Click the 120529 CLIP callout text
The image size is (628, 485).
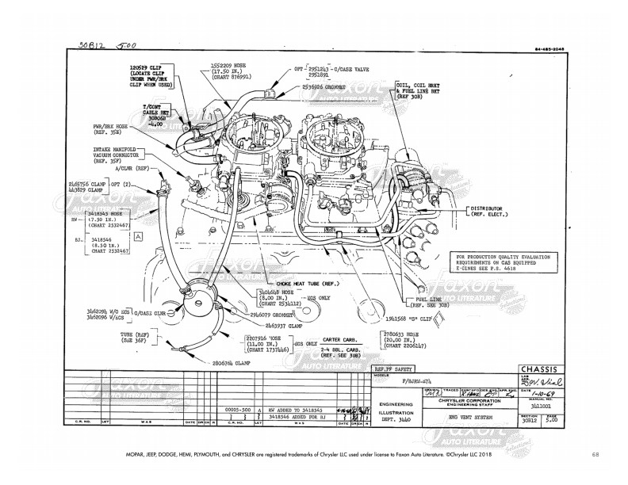click(147, 69)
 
